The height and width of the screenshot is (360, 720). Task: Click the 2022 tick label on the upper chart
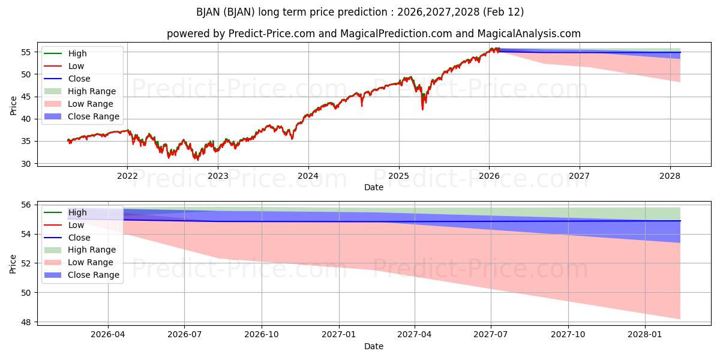click(x=127, y=176)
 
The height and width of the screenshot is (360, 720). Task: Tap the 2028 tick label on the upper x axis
click(x=670, y=176)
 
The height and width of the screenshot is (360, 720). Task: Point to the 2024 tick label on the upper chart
click(x=308, y=176)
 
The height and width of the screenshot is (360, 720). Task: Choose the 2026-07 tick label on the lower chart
click(x=185, y=334)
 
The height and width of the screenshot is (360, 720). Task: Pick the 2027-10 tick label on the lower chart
click(x=568, y=334)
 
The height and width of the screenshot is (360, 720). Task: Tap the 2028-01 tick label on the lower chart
click(x=645, y=334)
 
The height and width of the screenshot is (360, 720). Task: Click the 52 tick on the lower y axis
click(x=27, y=263)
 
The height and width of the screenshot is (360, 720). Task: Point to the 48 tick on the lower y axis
click(x=27, y=322)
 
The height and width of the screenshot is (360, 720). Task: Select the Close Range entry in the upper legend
click(x=93, y=116)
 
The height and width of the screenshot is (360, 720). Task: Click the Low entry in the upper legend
click(x=76, y=66)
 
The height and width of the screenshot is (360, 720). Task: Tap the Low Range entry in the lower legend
click(x=91, y=262)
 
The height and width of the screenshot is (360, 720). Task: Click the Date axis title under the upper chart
click(x=373, y=187)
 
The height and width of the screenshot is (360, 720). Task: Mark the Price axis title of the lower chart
click(x=13, y=263)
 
